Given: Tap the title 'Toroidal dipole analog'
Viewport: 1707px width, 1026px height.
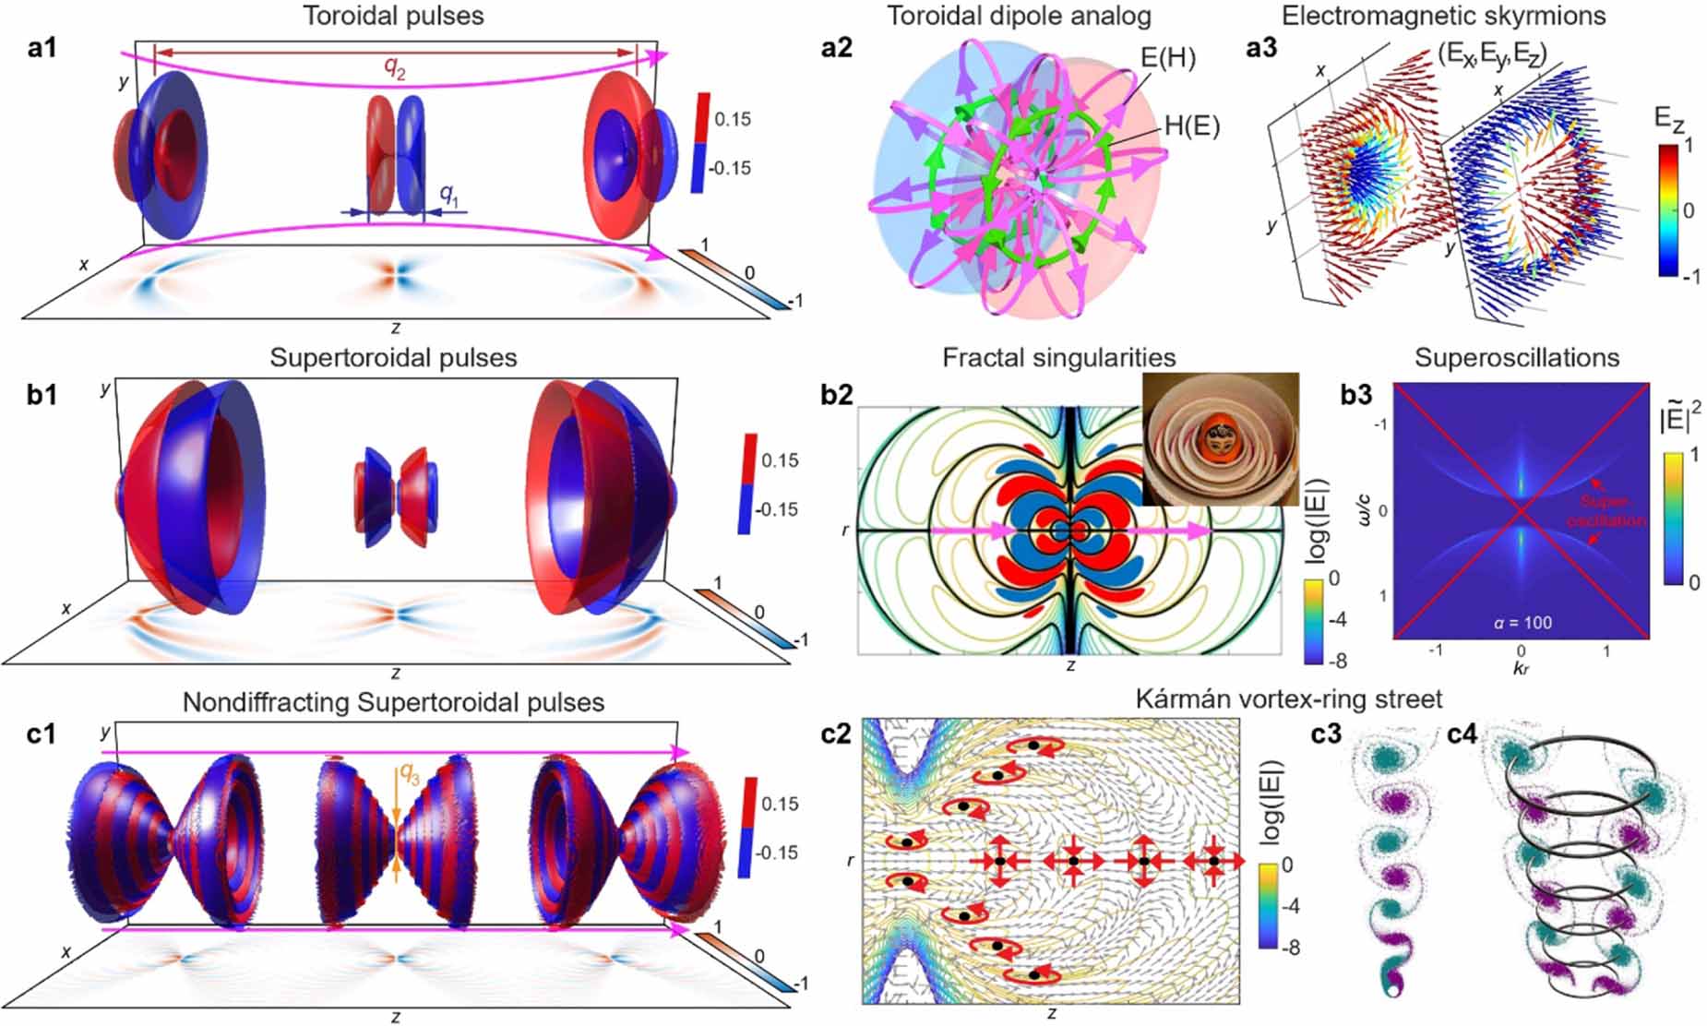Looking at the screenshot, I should tap(1018, 16).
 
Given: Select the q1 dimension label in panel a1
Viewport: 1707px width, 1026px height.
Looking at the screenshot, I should tap(448, 193).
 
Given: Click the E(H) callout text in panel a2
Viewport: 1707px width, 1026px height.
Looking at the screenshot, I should tap(1168, 58).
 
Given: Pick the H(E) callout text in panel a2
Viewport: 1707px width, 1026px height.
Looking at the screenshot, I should tap(1192, 126).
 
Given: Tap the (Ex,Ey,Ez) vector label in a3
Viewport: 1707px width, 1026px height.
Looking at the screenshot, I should tap(1492, 53).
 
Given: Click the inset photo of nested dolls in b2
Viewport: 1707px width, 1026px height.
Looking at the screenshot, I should tap(1221, 438).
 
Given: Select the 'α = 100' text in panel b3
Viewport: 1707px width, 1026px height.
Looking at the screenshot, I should tap(1522, 623).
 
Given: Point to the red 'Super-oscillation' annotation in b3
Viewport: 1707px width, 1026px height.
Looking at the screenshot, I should tap(1606, 511).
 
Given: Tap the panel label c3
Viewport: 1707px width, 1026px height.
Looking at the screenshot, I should tap(1328, 735).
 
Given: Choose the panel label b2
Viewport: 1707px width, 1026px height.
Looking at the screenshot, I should tap(837, 394).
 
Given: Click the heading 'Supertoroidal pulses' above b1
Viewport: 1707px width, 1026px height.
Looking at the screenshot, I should tap(393, 358).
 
